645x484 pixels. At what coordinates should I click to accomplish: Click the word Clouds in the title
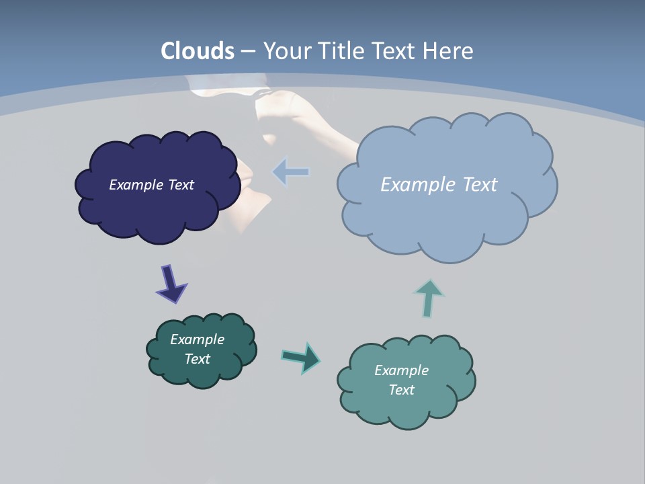point(198,51)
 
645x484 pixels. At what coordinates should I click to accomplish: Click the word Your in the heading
point(287,51)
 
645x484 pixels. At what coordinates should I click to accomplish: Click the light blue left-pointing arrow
point(291,172)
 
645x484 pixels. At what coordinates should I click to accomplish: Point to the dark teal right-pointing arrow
point(301,357)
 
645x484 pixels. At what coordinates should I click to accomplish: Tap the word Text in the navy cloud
point(181,185)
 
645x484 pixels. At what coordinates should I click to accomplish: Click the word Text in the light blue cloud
point(479,185)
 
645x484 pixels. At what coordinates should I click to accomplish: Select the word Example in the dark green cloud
point(197,339)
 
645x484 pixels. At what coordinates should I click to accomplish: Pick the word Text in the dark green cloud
point(197,359)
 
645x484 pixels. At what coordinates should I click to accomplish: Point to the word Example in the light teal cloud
point(401,370)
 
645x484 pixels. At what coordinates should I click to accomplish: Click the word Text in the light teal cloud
point(401,390)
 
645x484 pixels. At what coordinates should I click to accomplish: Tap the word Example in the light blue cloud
point(419,185)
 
